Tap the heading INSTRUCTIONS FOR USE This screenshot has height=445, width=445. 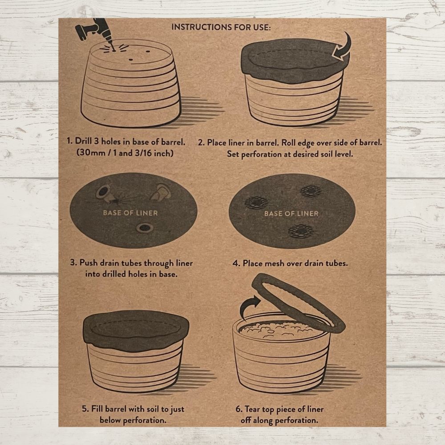coord(221,27)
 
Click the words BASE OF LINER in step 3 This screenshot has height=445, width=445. coord(130,213)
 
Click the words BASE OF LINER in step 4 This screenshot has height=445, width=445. coord(291,214)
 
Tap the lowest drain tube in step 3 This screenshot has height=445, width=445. coord(145,227)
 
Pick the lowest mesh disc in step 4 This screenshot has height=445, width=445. coord(301,231)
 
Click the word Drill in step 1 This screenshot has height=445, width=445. coord(83,142)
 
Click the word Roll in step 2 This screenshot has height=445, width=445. coord(287,142)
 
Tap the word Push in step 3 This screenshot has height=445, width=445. coord(88,263)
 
